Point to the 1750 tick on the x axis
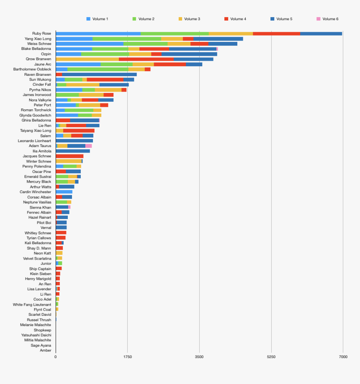[128, 357]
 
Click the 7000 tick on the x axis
[343, 357]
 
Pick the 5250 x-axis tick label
[271, 357]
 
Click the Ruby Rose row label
[41, 34]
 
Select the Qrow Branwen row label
[39, 59]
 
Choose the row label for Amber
[46, 350]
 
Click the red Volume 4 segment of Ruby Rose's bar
[276, 34]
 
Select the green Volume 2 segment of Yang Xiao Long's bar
[127, 39]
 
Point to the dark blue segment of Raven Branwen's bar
[99, 75]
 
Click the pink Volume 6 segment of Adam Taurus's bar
[88, 146]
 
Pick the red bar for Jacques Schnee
[69, 156]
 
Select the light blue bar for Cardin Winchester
[64, 192]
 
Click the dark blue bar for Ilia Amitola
[73, 151]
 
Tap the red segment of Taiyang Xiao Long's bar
[79, 131]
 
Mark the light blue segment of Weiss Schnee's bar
[90, 44]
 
